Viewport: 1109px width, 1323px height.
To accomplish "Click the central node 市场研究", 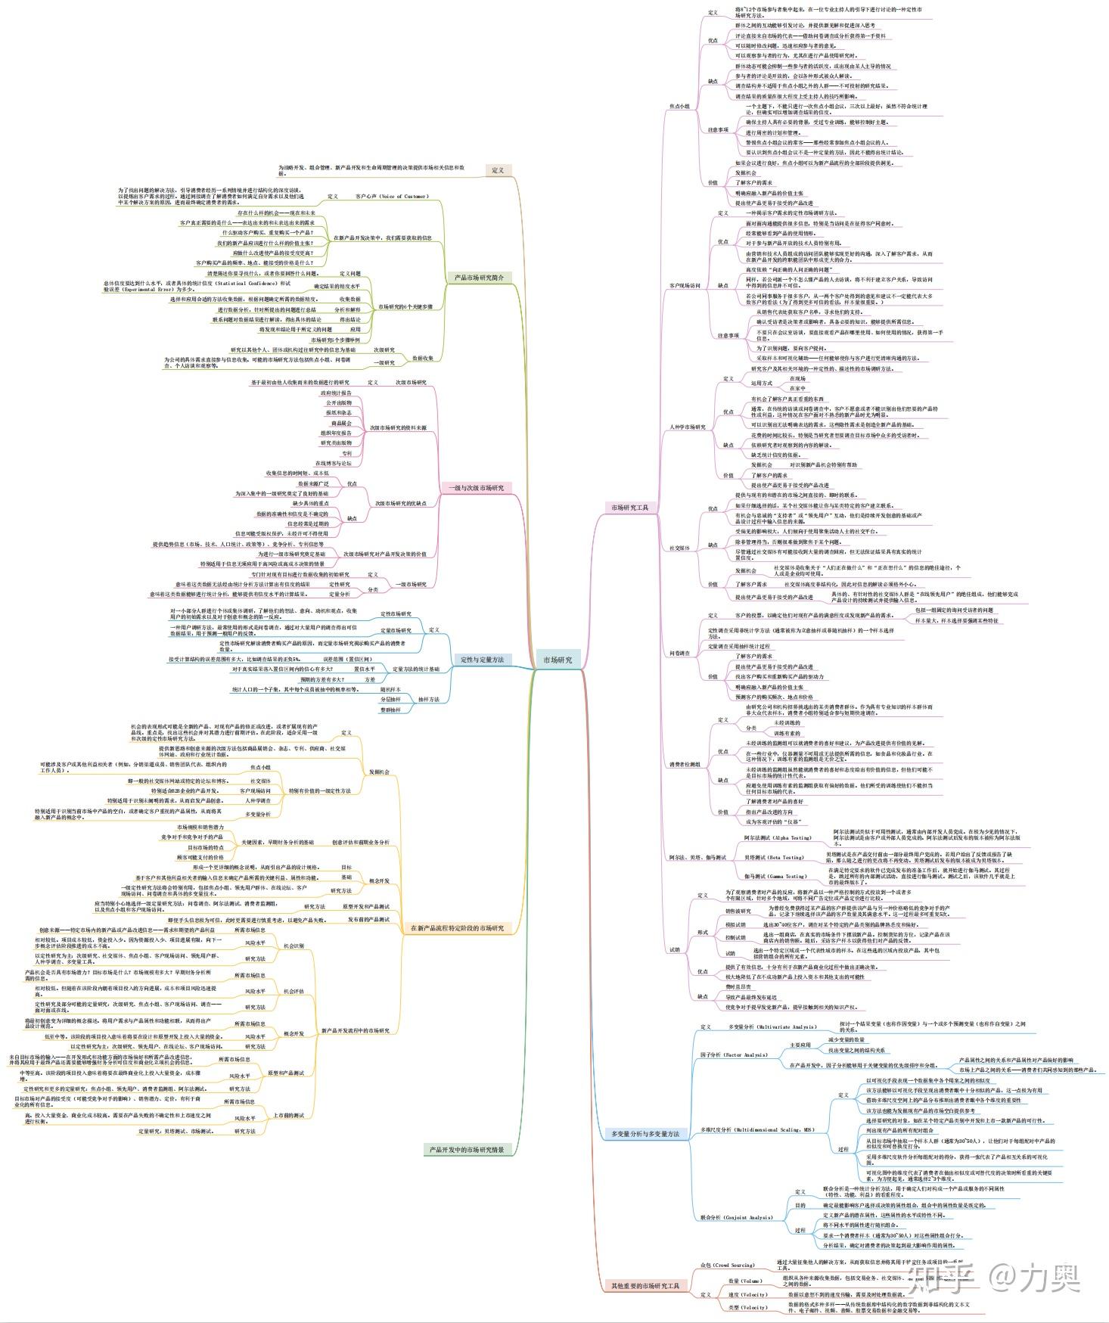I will pos(558,660).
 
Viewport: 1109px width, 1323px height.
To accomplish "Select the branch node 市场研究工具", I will pos(630,508).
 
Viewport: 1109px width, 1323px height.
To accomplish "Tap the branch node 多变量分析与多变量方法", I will pos(645,1133).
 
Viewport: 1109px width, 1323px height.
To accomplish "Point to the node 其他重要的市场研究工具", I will pos(645,1285).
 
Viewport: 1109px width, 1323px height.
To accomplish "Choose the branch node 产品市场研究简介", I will pos(479,278).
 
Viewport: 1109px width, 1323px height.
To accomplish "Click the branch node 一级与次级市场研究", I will pos(477,488).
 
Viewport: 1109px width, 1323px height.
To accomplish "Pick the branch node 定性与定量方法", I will pos(482,660).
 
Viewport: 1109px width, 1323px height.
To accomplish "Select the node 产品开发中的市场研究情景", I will pos(467,1150).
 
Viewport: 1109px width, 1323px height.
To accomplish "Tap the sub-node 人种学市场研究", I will pos(687,427).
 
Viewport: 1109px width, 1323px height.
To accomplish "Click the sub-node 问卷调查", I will pos(679,652).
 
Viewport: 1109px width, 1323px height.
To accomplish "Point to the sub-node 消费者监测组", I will pos(685,765).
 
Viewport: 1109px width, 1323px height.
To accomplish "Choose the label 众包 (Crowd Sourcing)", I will pos(727,1265).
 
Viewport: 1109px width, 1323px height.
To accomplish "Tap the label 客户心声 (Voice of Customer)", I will pos(392,197).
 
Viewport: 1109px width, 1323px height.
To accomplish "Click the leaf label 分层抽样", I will pos(390,700).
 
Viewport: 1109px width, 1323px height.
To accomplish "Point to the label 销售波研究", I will pos(738,911).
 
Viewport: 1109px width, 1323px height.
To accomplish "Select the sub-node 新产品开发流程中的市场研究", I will pos(356,1030).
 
